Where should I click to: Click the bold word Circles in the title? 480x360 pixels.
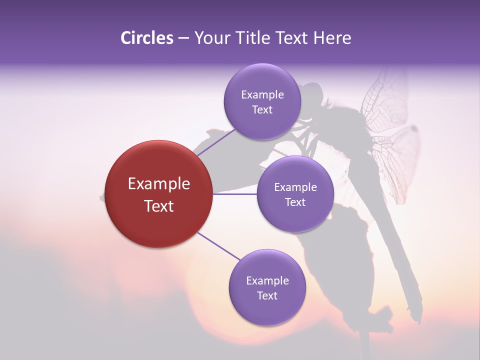pyautogui.click(x=146, y=38)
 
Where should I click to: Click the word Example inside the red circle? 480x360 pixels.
pyautogui.click(x=159, y=184)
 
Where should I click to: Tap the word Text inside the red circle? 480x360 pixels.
pyautogui.click(x=159, y=206)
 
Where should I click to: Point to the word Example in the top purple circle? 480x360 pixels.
pyautogui.click(x=262, y=95)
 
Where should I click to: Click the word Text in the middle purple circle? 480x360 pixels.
pyautogui.click(x=295, y=202)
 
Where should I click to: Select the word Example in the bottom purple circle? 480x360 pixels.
pyautogui.click(x=267, y=281)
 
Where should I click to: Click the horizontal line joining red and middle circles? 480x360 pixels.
pyautogui.click(x=235, y=194)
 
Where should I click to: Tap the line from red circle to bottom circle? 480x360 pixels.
pyautogui.click(x=219, y=246)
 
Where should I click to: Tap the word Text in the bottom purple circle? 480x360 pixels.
pyautogui.click(x=267, y=296)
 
